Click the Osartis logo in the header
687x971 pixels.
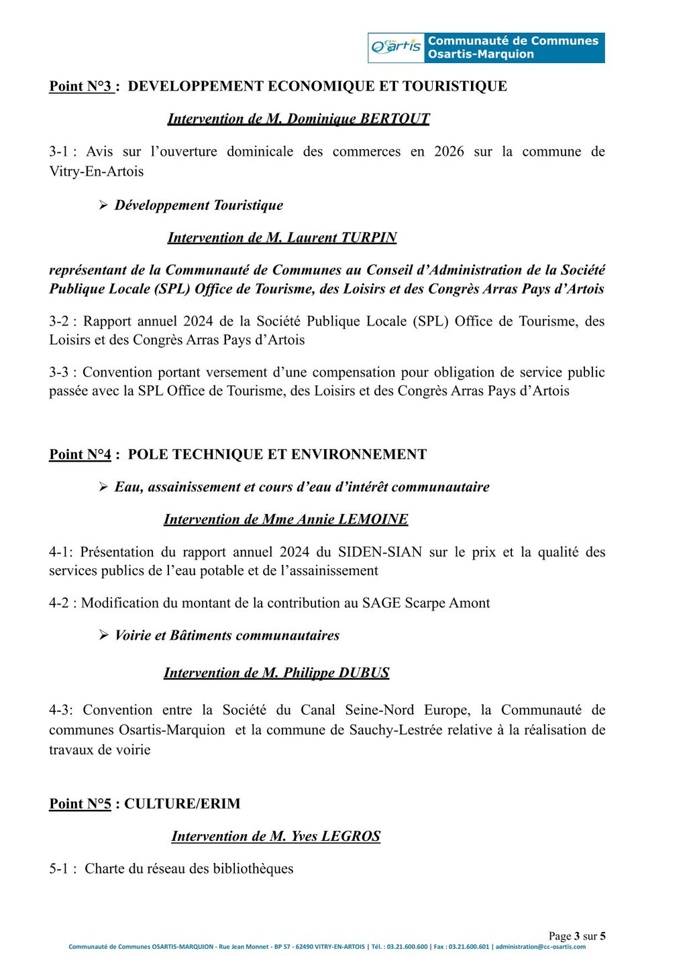(396, 47)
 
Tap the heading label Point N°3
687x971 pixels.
(81, 87)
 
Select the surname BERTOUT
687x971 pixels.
(394, 119)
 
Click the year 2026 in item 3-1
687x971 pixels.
(449, 152)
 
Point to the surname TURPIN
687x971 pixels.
(369, 238)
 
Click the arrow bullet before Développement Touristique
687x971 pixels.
(103, 205)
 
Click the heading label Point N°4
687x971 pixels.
(81, 455)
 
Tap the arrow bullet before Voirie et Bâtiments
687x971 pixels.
(103, 635)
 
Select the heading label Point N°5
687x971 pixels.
(81, 804)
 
